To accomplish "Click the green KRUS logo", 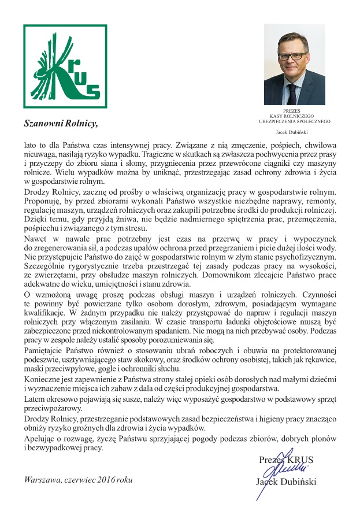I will tap(62, 66).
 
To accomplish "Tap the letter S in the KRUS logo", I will tap(92, 91).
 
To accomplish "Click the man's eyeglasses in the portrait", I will tap(293, 57).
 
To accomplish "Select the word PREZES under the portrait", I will tap(294, 110).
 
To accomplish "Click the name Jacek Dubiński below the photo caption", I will tap(294, 132).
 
